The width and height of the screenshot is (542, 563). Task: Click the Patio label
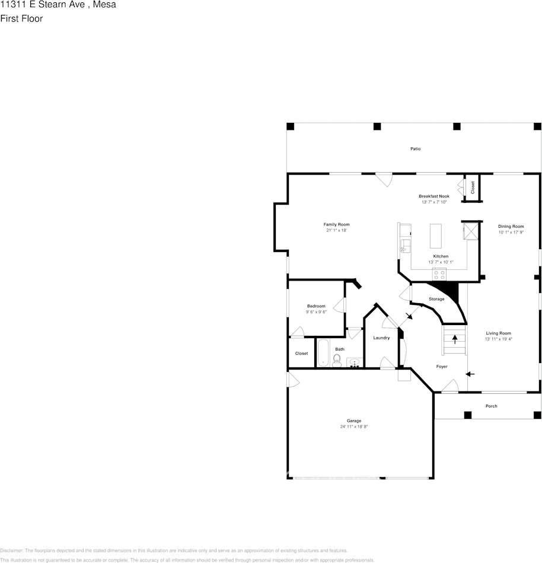[x=415, y=149]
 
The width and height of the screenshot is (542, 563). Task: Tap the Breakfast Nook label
[x=433, y=196]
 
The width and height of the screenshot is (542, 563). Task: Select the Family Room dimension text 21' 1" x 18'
[x=336, y=230]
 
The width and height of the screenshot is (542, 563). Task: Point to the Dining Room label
[x=511, y=226]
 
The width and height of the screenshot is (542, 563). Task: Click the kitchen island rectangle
[x=436, y=236]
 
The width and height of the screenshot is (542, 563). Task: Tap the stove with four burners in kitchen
[x=439, y=273]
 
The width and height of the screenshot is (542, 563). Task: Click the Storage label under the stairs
[x=436, y=299]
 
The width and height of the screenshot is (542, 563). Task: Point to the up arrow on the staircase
[x=455, y=340]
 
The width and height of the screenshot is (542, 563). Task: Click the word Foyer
[x=442, y=367]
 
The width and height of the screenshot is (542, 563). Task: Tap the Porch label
[x=491, y=406]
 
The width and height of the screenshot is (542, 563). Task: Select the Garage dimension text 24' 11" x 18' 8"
[x=354, y=427]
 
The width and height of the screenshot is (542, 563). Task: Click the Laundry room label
[x=381, y=338]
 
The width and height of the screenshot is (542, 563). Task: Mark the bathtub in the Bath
[x=323, y=353]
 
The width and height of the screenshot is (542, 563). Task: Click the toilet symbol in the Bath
[x=337, y=360]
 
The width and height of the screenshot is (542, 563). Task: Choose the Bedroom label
[x=316, y=306]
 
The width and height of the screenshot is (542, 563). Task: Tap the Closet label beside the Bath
[x=301, y=353]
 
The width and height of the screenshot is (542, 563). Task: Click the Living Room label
[x=498, y=333]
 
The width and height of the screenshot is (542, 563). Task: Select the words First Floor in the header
[x=21, y=18]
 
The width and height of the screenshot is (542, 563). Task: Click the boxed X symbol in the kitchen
[x=471, y=230]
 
